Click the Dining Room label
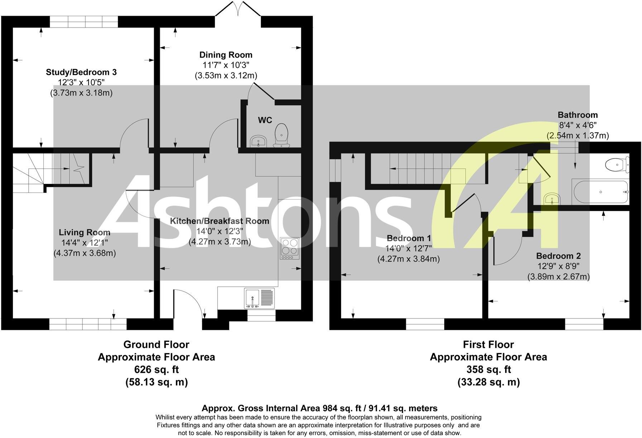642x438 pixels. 226,55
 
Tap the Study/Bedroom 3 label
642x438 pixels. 81,72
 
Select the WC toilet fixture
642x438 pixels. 282,136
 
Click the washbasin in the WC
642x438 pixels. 258,141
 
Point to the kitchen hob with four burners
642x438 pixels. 290,248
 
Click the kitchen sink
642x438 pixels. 259,298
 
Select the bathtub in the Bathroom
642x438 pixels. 600,192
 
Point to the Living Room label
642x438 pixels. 85,233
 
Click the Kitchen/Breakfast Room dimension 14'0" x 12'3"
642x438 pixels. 220,231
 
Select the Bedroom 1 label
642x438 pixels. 409,238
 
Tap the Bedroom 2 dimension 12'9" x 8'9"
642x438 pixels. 558,266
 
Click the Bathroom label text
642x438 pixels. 578,115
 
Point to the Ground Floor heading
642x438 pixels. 156,345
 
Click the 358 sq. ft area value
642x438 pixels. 488,369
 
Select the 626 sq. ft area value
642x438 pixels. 156,369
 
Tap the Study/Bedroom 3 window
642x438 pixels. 84,22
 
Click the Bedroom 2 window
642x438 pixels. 584,324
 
